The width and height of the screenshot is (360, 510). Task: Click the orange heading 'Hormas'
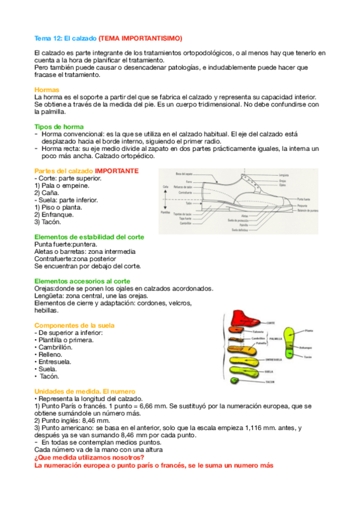[47, 90]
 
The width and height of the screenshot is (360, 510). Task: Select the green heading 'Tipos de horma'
[59, 126]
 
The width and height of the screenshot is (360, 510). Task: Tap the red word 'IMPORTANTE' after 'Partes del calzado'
[117, 171]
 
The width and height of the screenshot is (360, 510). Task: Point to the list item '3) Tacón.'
[47, 222]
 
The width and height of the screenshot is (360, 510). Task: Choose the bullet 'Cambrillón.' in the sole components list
[55, 347]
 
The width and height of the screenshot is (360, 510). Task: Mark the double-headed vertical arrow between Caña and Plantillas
[164, 199]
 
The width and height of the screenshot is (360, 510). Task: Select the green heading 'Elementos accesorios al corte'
[82, 281]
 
